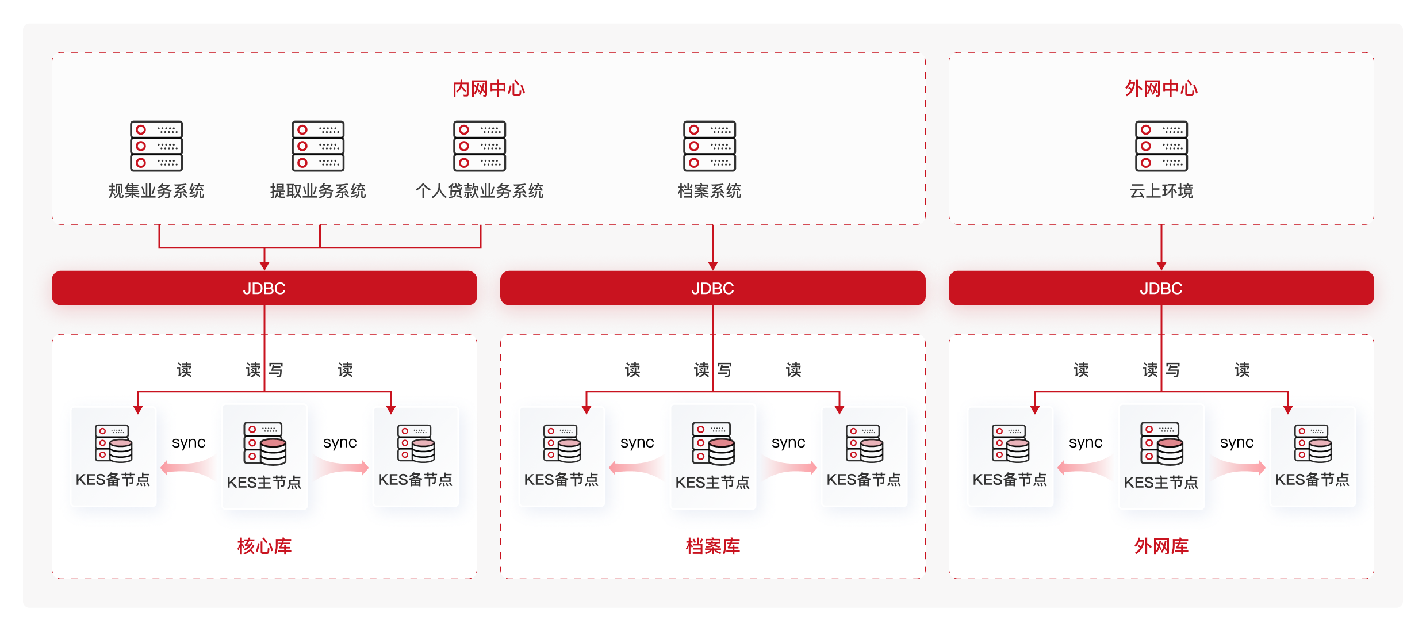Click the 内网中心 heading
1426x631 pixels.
click(488, 89)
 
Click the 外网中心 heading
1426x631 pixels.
click(1161, 89)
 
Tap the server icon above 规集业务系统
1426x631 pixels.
click(156, 146)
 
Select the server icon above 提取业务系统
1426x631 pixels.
click(318, 146)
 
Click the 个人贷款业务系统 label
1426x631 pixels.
click(480, 191)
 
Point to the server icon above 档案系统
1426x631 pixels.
click(710, 146)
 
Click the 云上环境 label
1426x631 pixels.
click(1161, 191)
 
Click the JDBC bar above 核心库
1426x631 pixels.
click(264, 288)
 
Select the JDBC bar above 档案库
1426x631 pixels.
click(712, 288)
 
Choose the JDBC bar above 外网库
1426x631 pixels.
click(1161, 288)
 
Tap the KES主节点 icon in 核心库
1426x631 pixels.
click(264, 443)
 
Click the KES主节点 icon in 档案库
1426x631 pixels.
click(713, 443)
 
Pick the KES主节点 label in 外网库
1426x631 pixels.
click(1161, 482)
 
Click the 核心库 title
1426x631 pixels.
click(264, 546)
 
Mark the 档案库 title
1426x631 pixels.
click(712, 546)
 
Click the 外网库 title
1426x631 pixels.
click(1161, 546)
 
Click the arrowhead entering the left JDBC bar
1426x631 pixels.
click(264, 265)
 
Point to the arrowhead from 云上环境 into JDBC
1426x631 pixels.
click(1161, 265)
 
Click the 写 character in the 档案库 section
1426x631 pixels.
click(724, 369)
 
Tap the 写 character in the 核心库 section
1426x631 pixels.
click(276, 369)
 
